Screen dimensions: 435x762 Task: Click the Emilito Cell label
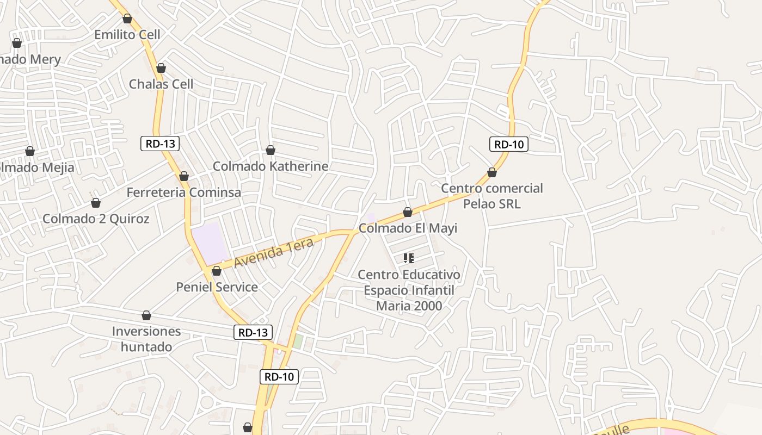coord(127,35)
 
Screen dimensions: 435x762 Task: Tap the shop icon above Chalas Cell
coord(161,68)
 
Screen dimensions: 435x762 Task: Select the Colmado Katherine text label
coord(271,166)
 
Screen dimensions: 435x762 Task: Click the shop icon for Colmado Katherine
coord(271,150)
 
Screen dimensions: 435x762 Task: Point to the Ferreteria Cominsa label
coord(184,192)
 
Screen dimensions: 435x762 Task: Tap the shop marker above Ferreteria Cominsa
coord(184,176)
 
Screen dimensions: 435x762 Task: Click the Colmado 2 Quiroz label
coord(96,219)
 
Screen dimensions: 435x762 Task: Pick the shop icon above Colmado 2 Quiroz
coord(96,203)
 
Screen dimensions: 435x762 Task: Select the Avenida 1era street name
coord(274,253)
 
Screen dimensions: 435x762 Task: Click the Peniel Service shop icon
coord(217,270)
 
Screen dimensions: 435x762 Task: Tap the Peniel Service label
coord(217,287)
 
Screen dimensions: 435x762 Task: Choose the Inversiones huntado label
coord(146,339)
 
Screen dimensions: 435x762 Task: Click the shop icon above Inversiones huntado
coord(146,315)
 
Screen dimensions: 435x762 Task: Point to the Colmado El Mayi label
coord(408,228)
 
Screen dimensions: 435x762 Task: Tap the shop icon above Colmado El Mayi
coord(408,212)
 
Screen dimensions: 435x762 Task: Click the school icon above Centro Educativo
coord(409,258)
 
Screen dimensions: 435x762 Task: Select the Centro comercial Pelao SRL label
coord(492,196)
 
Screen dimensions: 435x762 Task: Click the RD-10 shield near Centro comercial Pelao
coord(509,144)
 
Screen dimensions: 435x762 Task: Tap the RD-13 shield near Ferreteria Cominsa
coord(160,144)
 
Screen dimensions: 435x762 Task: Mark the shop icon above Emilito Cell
coord(127,18)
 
